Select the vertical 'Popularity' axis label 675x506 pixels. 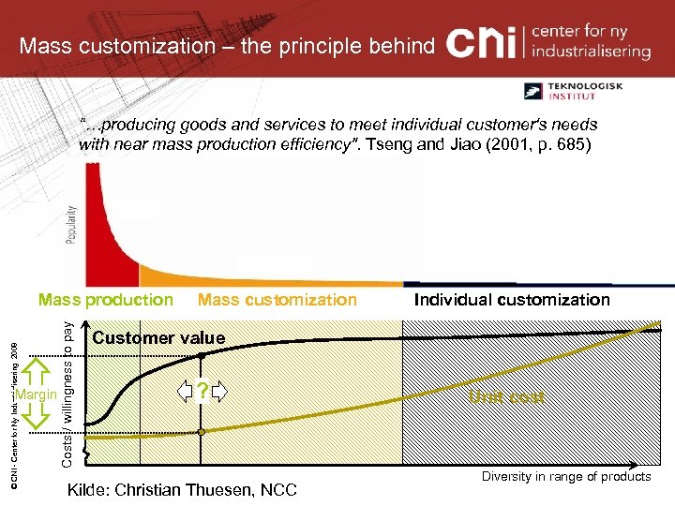pos(72,224)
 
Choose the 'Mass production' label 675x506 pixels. pos(105,300)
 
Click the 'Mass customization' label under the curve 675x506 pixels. pos(277,300)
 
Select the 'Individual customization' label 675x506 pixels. pos(512,300)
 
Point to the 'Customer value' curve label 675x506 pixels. pos(158,337)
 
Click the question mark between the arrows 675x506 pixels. pos(202,392)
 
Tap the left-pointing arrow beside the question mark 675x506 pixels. pos(186,392)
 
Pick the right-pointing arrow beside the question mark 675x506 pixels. pos(219,392)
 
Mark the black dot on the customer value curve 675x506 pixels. pos(201,357)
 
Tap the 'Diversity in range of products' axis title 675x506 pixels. pos(566,477)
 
